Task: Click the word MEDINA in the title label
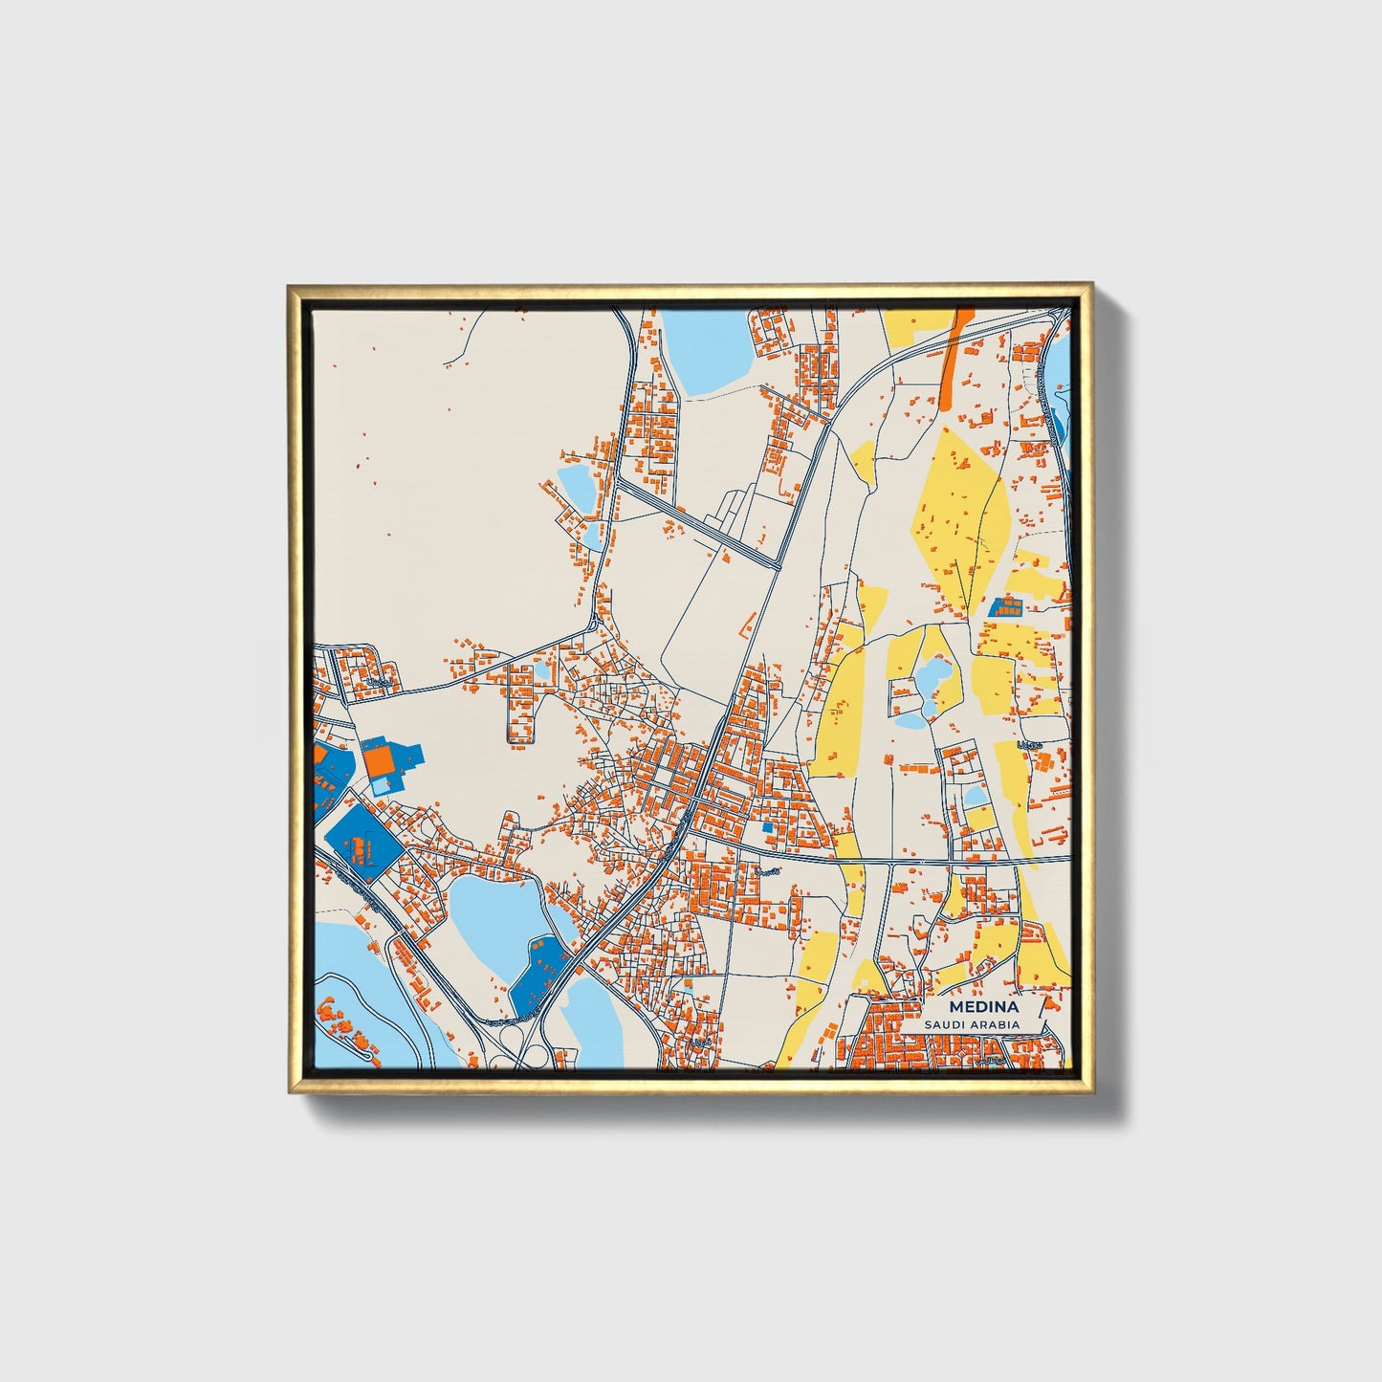tap(983, 1008)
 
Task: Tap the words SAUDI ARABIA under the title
tap(972, 1025)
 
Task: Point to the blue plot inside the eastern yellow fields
tap(1005, 605)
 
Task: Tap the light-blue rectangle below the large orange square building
tap(382, 785)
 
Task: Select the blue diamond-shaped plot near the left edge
tap(362, 844)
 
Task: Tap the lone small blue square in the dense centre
tap(766, 827)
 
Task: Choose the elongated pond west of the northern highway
tap(576, 486)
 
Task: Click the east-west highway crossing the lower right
tap(956, 862)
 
